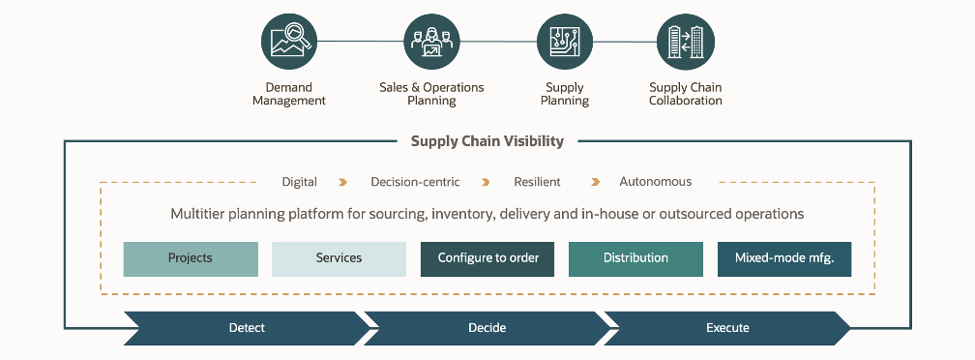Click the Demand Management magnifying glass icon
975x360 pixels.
point(289,42)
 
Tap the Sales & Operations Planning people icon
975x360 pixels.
point(431,42)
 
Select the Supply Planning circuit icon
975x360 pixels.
point(565,42)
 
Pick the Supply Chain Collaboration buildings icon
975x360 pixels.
point(686,42)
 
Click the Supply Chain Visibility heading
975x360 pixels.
point(487,141)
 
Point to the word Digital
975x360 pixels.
point(300,182)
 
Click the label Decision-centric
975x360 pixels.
point(415,182)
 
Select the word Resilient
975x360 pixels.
point(537,182)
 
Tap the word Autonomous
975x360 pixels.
point(656,182)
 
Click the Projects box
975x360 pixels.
point(191,258)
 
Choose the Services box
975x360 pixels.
point(339,258)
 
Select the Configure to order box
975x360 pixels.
point(487,258)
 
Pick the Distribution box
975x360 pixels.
point(635,258)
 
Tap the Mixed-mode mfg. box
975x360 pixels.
point(784,258)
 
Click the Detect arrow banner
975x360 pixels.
point(247,328)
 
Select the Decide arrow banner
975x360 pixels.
point(487,328)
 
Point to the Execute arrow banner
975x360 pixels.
point(727,328)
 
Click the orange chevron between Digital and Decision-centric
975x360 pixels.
point(342,182)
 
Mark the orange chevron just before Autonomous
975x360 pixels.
point(596,182)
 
